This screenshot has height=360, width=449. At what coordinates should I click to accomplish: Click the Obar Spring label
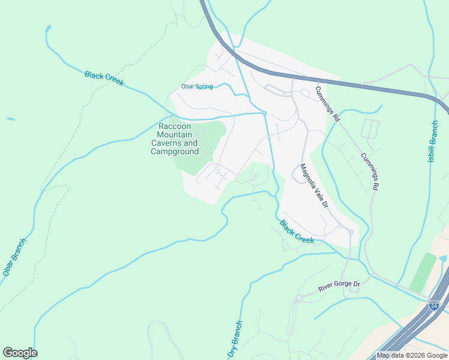197,87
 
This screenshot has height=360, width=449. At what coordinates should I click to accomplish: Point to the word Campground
174,152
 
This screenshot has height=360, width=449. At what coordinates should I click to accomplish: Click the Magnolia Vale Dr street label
314,186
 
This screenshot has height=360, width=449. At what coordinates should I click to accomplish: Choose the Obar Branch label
14,257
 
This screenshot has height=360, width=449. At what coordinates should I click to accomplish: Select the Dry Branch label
235,340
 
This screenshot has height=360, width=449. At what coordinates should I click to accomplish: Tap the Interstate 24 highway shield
434,305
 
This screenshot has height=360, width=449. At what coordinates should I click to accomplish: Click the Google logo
20,353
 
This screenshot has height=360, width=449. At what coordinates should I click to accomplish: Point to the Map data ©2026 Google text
411,355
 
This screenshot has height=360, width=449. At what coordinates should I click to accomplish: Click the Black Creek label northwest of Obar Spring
104,79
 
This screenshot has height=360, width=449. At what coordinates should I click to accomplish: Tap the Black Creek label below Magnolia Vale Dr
297,232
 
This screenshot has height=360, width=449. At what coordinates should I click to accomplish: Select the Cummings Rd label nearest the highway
327,104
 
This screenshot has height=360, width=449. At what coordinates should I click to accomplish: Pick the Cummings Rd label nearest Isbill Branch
369,172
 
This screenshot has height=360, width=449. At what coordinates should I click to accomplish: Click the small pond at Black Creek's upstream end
47,29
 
